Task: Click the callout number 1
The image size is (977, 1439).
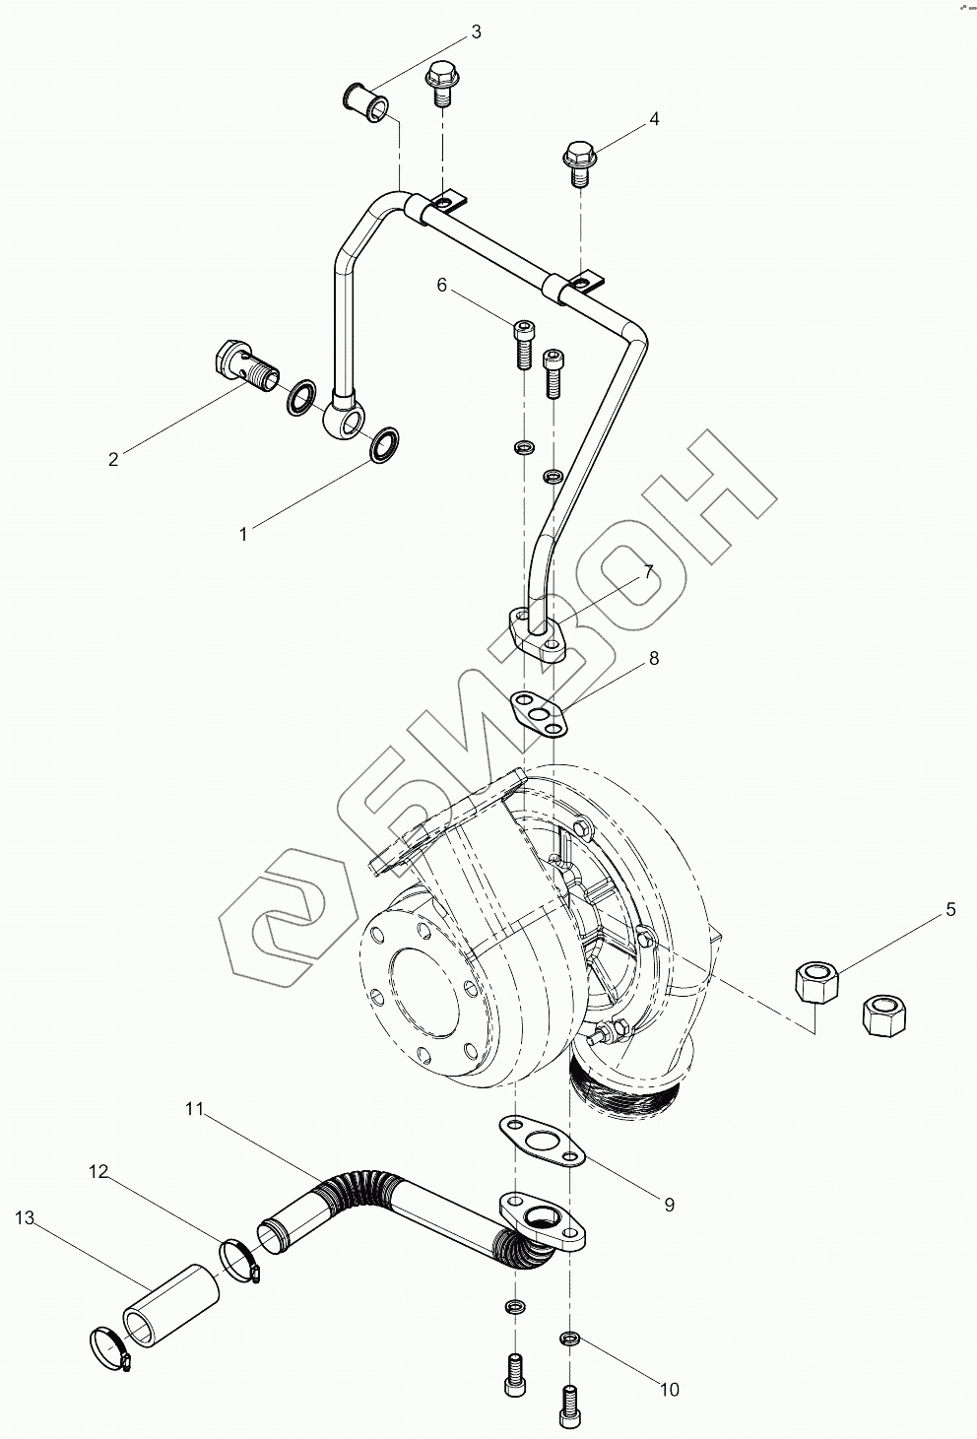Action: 243,533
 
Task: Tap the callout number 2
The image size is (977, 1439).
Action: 113,459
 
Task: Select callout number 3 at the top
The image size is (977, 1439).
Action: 476,32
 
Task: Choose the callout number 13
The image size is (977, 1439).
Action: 24,1218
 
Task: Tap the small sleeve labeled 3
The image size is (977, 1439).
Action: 366,101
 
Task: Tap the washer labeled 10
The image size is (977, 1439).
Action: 569,1339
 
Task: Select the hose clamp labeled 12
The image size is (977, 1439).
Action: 240,1258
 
